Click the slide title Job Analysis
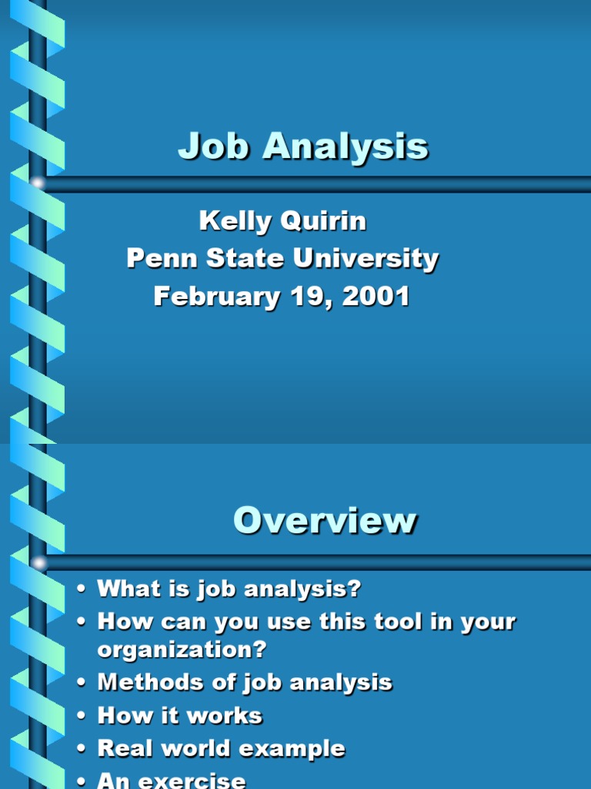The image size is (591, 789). pyautogui.click(x=302, y=146)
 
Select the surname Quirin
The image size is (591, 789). pyautogui.click(x=323, y=222)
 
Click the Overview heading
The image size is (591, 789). pyautogui.click(x=325, y=522)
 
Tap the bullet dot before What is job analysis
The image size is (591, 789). pyautogui.click(x=81, y=590)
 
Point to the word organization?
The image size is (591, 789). pyautogui.click(x=182, y=650)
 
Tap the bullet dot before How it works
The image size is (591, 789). pyautogui.click(x=81, y=717)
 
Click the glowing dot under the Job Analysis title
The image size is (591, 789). pyautogui.click(x=37, y=183)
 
